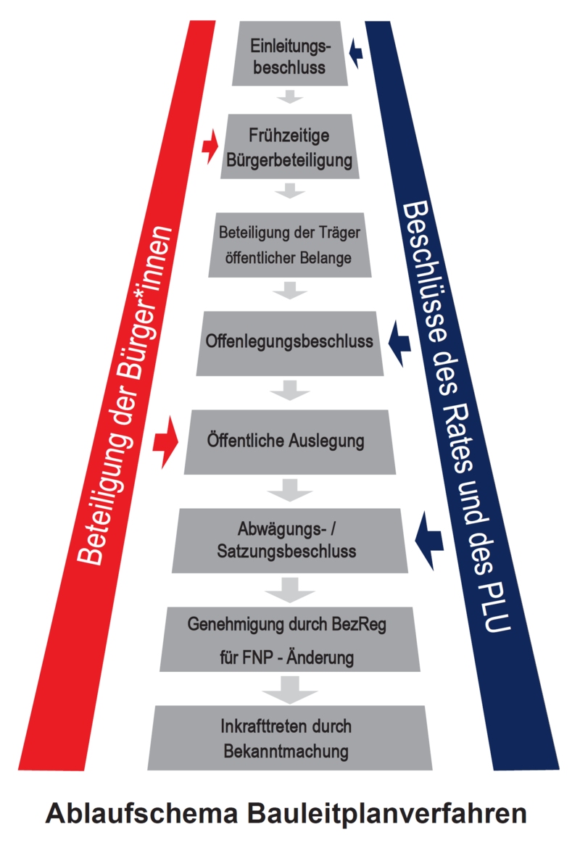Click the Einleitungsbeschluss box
coord(289,54)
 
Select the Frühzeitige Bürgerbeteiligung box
coord(289,146)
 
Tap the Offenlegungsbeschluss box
coord(289,344)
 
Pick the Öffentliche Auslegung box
coord(289,442)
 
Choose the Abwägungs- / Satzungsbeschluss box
coord(289,540)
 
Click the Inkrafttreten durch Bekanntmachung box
coord(289,738)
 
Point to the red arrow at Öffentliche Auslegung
coord(165,442)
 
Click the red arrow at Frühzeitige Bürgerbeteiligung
coord(210,146)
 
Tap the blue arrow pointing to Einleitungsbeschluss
coord(355,52)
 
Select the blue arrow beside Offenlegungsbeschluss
coord(399,343)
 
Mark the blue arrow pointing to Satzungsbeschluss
coord(428,540)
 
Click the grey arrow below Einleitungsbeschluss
coord(290,96)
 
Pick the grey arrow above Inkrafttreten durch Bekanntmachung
coord(290,689)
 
